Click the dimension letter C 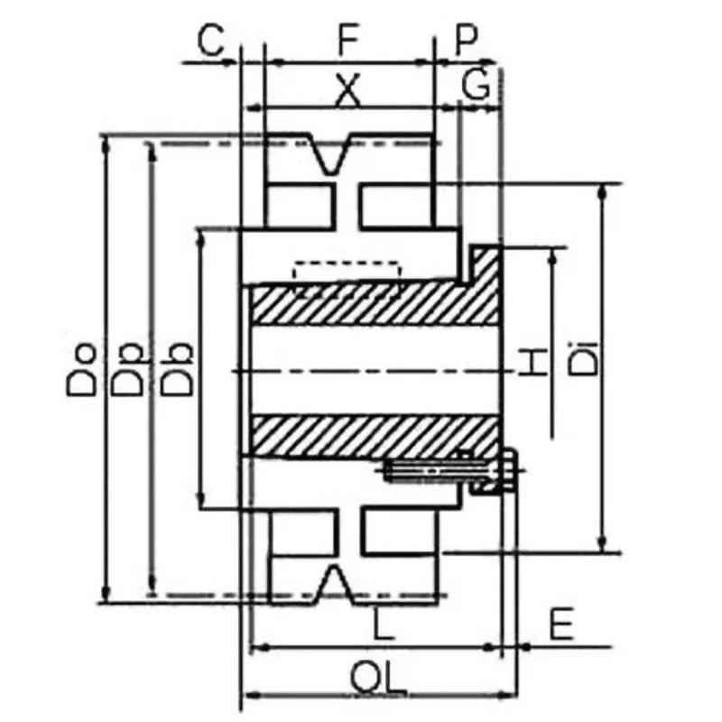click(x=210, y=40)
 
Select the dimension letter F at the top click(x=348, y=39)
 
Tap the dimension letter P click(x=467, y=40)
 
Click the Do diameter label click(x=81, y=369)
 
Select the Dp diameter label click(x=127, y=369)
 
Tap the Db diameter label click(x=176, y=369)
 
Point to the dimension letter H click(x=533, y=363)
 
